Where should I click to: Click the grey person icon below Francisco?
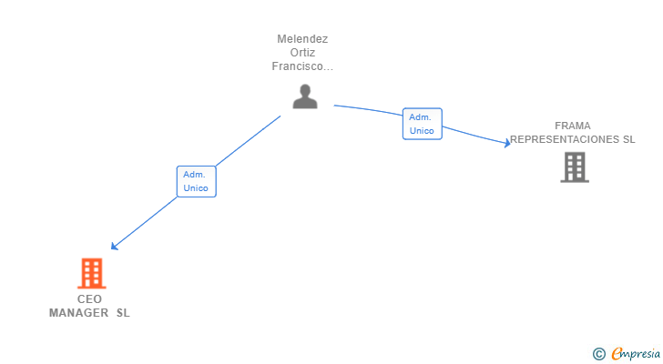pos(305,96)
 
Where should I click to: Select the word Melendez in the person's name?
pos(302,39)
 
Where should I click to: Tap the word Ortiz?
pos(302,53)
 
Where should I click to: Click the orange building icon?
pos(91,272)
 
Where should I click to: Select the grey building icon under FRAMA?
pos(574,167)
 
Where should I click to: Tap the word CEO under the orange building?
pos(89,298)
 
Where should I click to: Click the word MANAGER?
pos(78,312)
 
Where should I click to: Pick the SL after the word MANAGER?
pos(123,312)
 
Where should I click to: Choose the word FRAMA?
pos(573,126)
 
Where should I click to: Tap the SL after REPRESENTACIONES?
pos(628,139)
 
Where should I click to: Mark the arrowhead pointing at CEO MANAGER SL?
pos(114,246)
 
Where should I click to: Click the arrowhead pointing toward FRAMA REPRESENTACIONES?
pos(506,143)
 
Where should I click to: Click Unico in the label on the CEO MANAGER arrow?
pos(196,188)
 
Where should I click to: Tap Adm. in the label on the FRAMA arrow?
pos(421,116)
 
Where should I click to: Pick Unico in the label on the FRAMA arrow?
pos(423,131)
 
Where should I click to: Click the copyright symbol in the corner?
pos(599,353)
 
